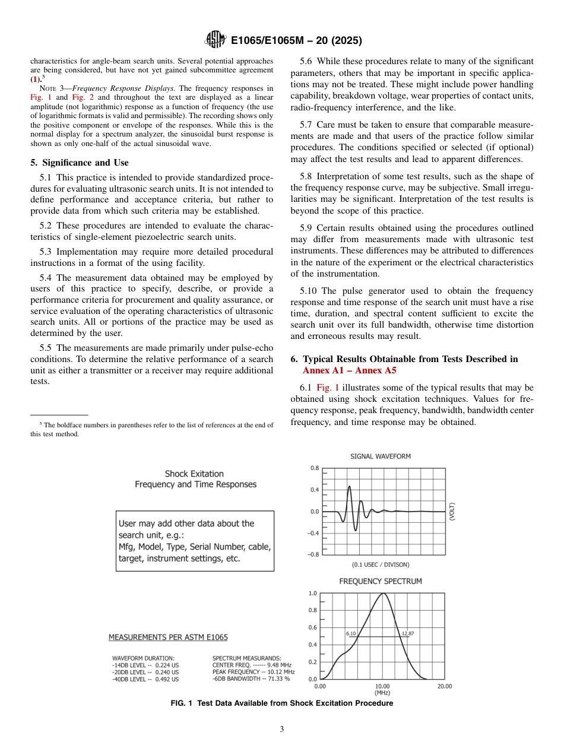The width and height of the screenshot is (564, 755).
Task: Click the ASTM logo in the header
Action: (215, 40)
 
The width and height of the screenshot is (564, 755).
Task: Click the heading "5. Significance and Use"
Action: (80, 163)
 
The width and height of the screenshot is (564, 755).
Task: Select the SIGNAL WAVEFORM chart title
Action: (380, 456)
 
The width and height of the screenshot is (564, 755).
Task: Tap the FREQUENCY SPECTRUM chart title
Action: (380, 581)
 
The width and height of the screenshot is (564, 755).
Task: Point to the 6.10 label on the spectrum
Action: (351, 633)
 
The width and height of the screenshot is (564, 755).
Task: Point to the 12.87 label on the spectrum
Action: (408, 633)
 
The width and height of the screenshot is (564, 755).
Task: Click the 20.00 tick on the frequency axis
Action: (444, 686)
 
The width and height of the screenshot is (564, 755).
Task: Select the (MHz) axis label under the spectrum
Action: (382, 693)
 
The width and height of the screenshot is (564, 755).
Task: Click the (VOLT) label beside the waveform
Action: (452, 512)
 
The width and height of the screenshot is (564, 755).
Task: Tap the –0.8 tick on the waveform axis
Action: (313, 554)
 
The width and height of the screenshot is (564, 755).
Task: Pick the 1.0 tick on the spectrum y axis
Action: (313, 593)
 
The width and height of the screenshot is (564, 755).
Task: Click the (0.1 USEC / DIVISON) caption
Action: (381, 564)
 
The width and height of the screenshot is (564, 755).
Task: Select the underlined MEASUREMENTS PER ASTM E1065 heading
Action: (168, 637)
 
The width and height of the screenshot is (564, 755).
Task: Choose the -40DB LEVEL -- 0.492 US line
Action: (145, 679)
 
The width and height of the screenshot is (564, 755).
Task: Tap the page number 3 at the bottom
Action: (282, 729)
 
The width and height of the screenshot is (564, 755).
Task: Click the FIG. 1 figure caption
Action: (281, 703)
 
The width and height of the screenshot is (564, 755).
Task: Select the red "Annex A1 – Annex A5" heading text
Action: (350, 370)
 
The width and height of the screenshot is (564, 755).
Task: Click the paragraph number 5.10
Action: (309, 290)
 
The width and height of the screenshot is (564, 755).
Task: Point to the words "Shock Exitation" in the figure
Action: (194, 474)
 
